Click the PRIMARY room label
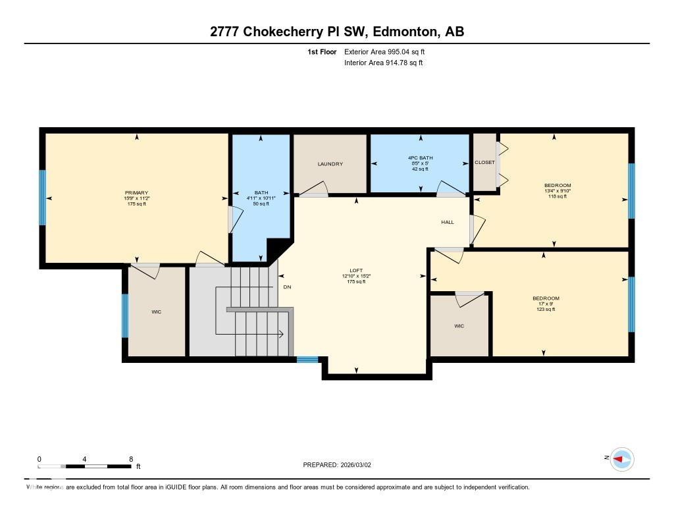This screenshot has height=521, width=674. [x=136, y=192]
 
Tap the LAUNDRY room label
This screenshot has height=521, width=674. [x=330, y=164]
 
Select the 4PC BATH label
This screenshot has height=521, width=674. [x=419, y=157]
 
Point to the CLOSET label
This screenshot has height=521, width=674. [x=484, y=162]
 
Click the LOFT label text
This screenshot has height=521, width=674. [x=356, y=270]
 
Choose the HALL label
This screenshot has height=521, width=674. [x=448, y=222]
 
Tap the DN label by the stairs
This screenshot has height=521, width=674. [x=287, y=287]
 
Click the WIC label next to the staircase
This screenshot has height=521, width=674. [x=156, y=312]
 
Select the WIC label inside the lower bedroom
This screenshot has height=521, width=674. [x=459, y=325]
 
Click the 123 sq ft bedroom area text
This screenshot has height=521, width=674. [x=546, y=309]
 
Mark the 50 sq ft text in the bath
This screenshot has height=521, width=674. [x=261, y=204]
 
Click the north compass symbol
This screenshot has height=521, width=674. [x=621, y=459]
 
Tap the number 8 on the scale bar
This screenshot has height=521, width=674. [x=131, y=459]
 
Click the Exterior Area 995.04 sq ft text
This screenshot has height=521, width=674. [x=389, y=51]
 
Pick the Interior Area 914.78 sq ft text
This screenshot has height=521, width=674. [x=383, y=63]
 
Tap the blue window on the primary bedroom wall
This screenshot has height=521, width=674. [x=43, y=198]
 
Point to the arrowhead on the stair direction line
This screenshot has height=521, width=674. [x=281, y=334]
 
